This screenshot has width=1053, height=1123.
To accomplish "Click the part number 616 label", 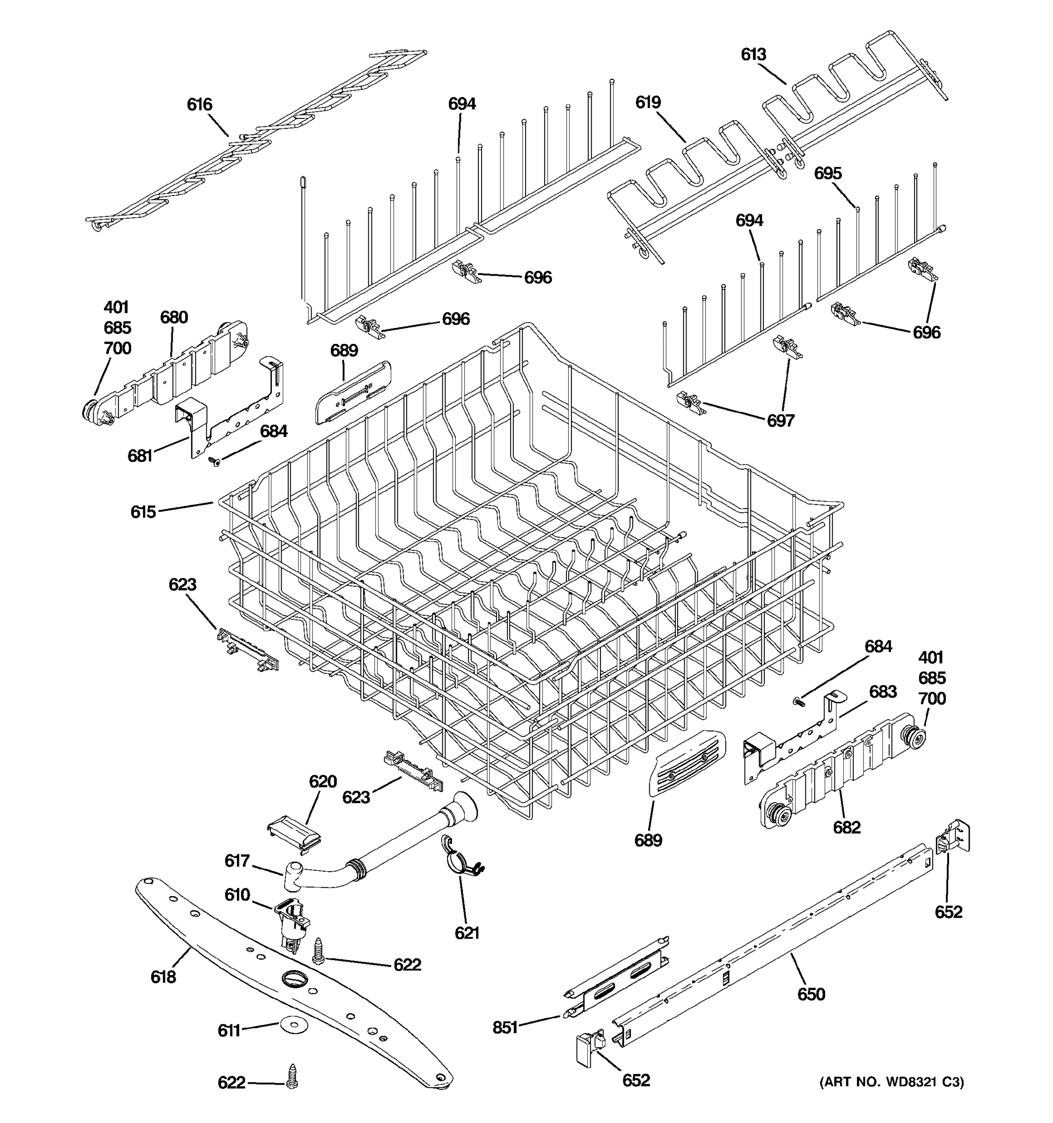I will pyautogui.click(x=199, y=104).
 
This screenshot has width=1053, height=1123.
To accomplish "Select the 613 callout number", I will pyautogui.click(x=753, y=54).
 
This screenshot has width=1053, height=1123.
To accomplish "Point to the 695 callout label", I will pyautogui.click(x=827, y=174).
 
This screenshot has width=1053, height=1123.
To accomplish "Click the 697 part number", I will pyautogui.click(x=780, y=420).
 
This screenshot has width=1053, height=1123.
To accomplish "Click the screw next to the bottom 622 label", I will pyautogui.click(x=292, y=1076).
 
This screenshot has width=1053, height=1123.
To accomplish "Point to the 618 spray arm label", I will pyautogui.click(x=163, y=977).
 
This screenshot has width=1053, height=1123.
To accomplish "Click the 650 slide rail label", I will pyautogui.click(x=811, y=994).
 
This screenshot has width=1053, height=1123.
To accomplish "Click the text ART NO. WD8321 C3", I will pyautogui.click(x=892, y=1082).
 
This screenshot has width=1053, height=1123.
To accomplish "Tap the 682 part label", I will pyautogui.click(x=847, y=828).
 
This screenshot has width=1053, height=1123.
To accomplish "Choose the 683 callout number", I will pyautogui.click(x=882, y=692).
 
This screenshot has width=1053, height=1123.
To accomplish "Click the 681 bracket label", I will pyautogui.click(x=139, y=456).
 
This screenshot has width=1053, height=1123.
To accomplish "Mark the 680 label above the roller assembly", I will pyautogui.click(x=174, y=317).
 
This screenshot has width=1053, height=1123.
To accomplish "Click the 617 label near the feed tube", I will pyautogui.click(x=237, y=860).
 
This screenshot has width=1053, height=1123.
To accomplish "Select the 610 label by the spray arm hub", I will pyautogui.click(x=237, y=895).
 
